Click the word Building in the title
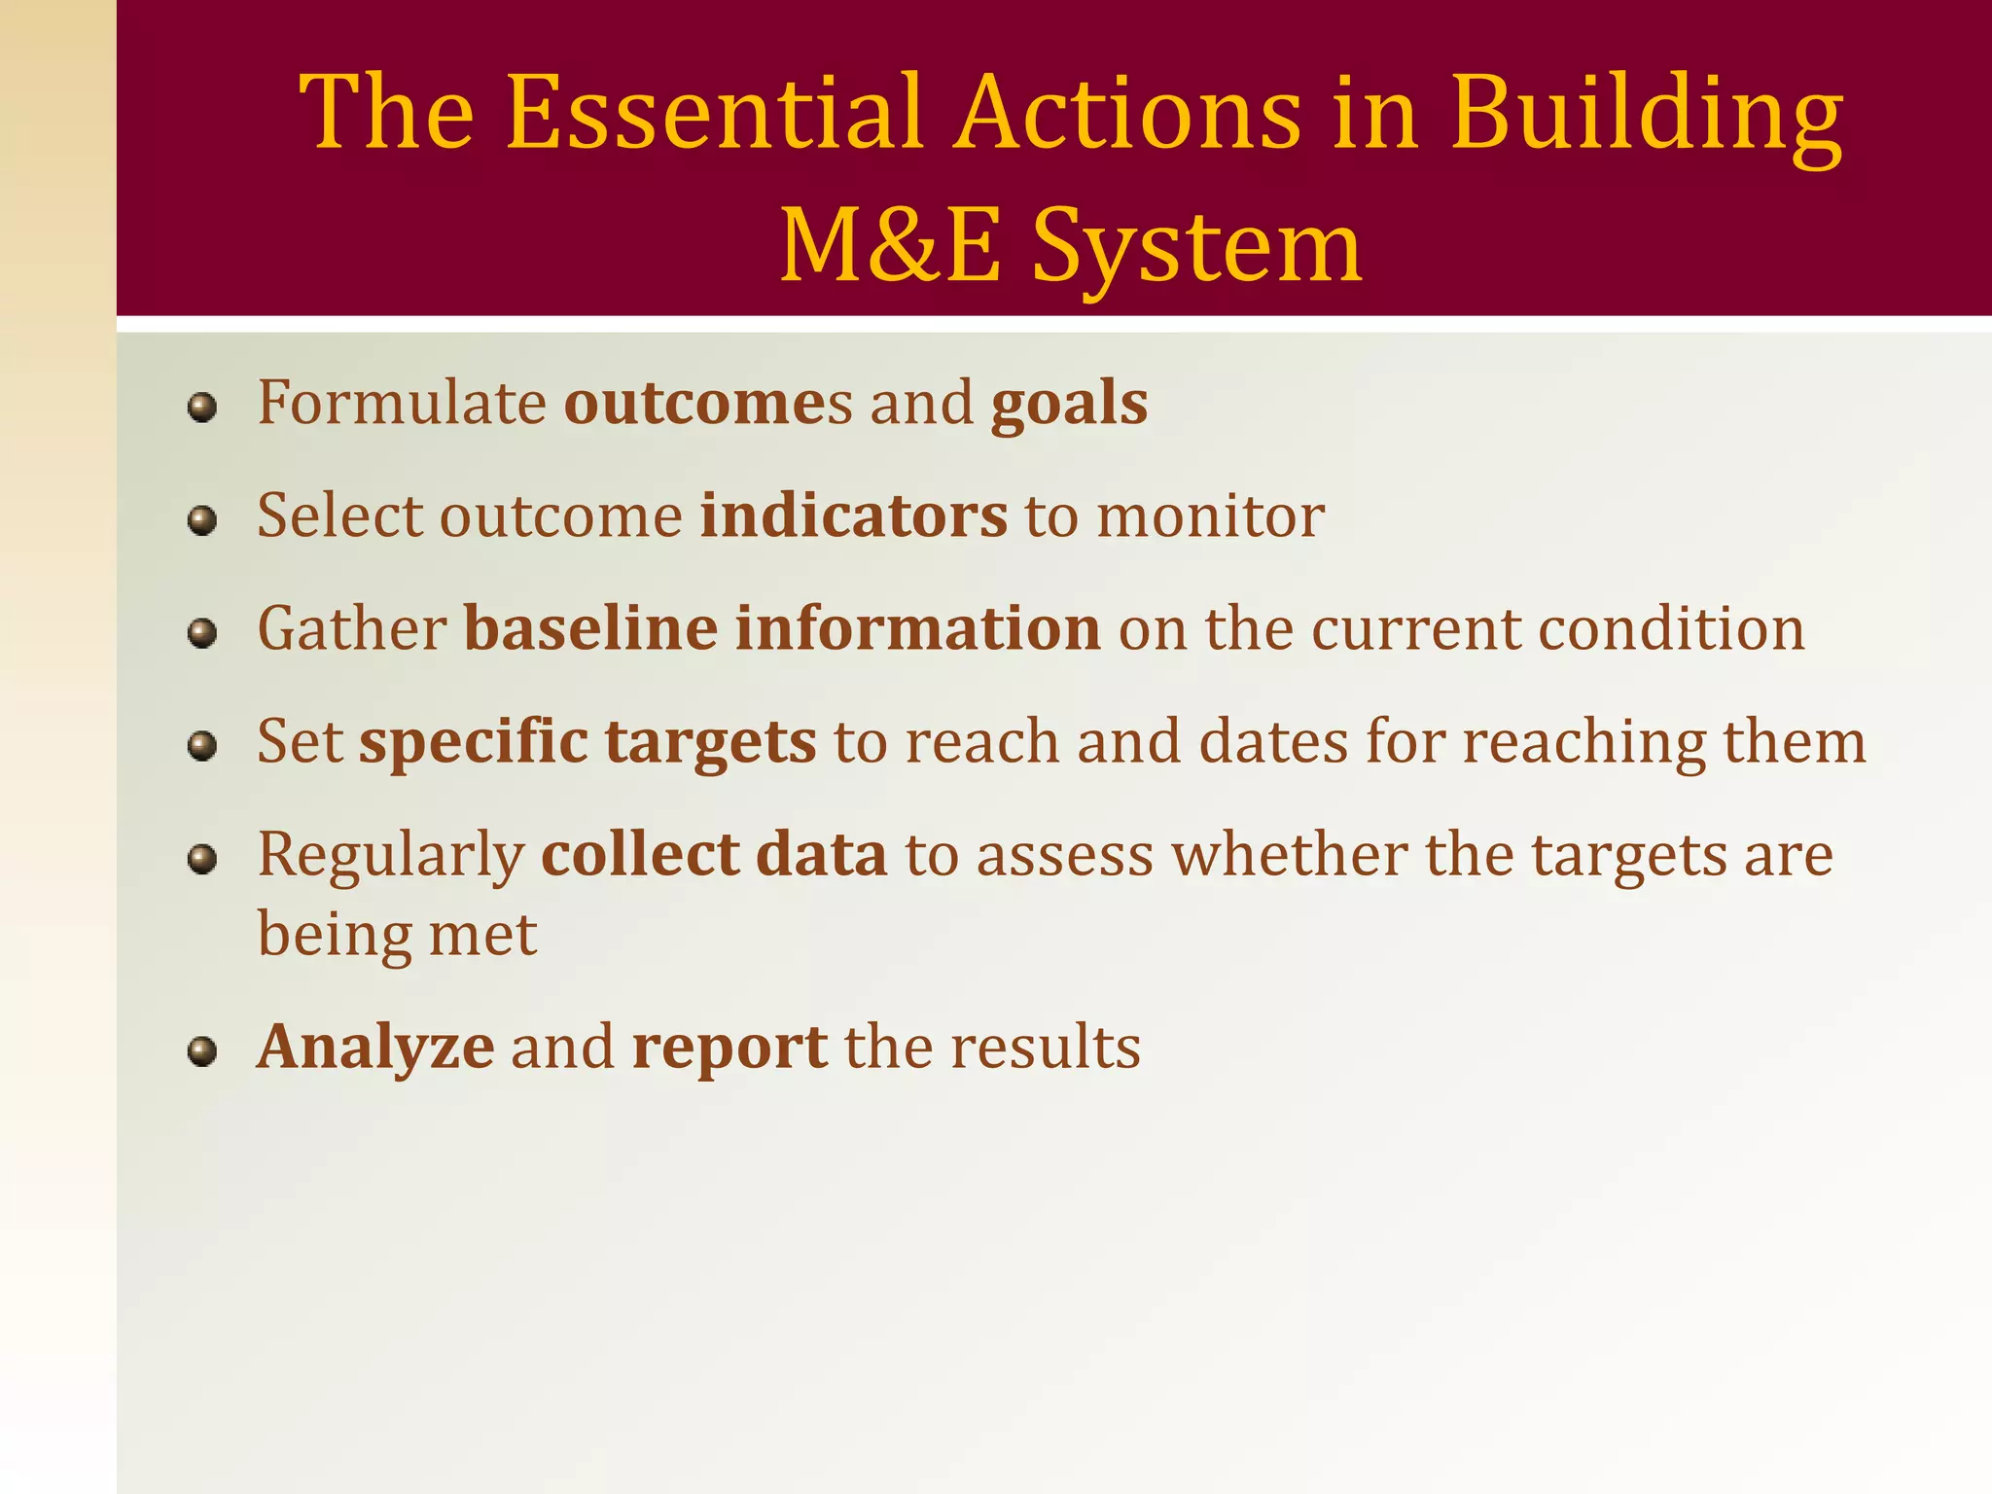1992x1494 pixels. click(x=1646, y=115)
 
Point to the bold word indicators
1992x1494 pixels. click(x=853, y=516)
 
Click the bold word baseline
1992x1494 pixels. click(x=590, y=628)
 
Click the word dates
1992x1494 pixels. click(x=1273, y=742)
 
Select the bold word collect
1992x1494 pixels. click(x=640, y=854)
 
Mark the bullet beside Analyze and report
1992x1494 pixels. click(x=201, y=1051)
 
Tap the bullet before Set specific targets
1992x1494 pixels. click(x=201, y=746)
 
